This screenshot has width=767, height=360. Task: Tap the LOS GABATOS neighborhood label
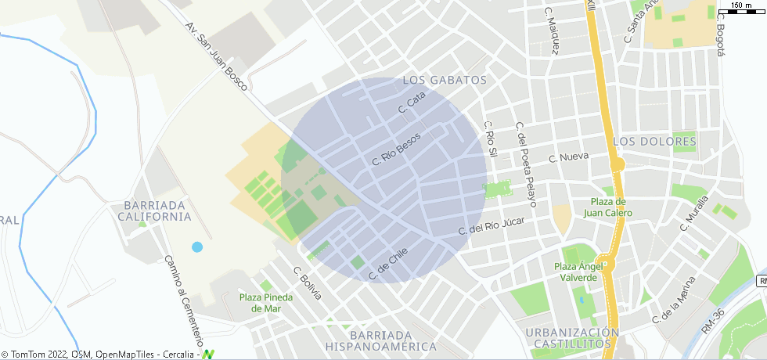(x=445, y=80)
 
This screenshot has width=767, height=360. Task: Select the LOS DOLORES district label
(x=655, y=142)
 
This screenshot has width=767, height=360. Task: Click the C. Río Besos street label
(x=396, y=149)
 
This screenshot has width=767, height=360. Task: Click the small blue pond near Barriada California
(x=197, y=247)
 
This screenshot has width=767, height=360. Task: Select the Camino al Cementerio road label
(x=185, y=301)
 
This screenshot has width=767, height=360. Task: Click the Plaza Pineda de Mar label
(x=266, y=302)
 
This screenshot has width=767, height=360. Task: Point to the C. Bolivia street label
(x=308, y=283)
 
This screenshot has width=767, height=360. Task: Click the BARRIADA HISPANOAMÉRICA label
(x=382, y=340)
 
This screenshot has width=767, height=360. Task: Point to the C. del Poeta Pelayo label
(x=525, y=164)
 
